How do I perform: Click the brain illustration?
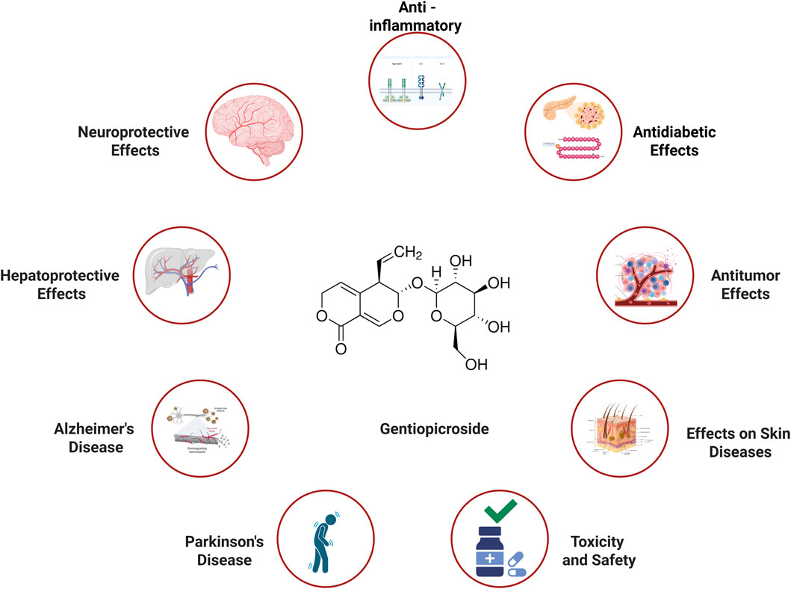tap(255, 126)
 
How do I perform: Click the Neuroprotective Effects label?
tap(132, 141)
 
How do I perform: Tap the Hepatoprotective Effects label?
tap(59, 285)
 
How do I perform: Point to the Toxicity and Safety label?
tap(596, 549)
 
